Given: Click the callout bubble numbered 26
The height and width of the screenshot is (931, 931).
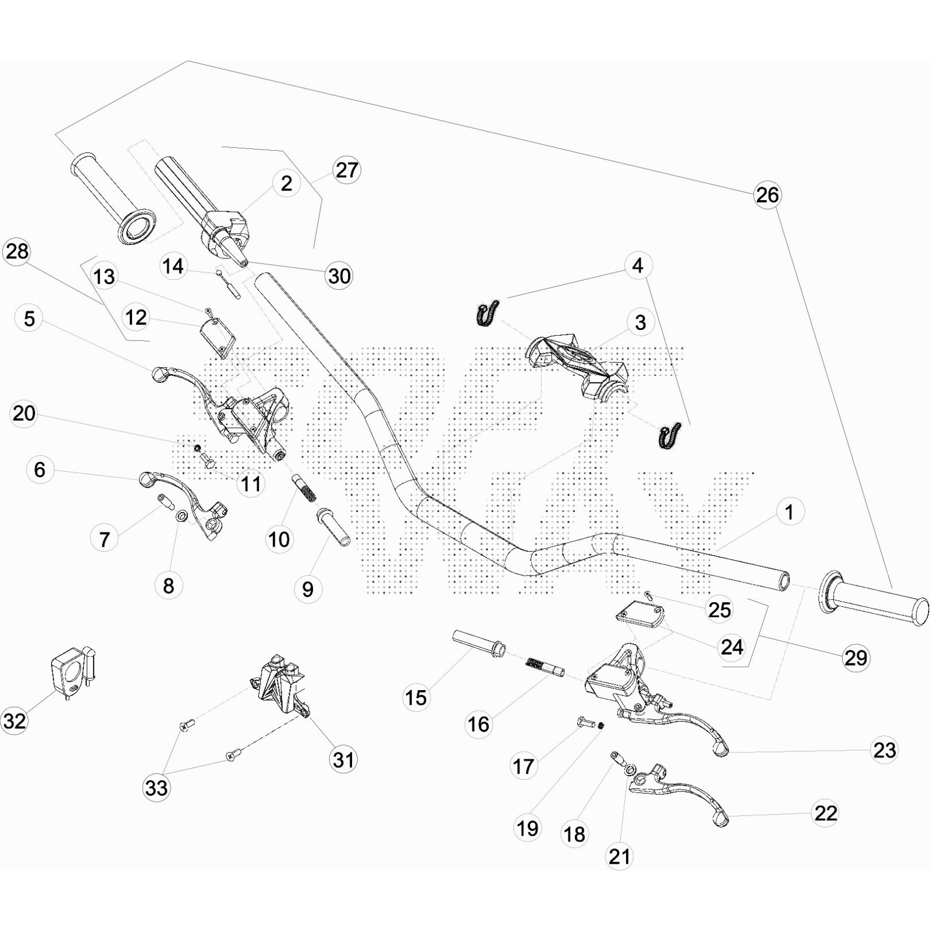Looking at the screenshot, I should pyautogui.click(x=767, y=195).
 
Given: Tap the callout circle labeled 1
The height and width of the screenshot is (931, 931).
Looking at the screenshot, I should pyautogui.click(x=790, y=512).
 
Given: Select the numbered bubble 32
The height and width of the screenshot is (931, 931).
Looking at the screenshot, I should pyautogui.click(x=15, y=721).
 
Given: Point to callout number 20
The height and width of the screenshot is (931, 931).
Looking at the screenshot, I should pyautogui.click(x=24, y=414).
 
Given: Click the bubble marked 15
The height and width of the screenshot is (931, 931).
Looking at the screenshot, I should pyautogui.click(x=416, y=697).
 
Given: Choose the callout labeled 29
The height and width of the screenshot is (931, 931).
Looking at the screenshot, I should pyautogui.click(x=855, y=658).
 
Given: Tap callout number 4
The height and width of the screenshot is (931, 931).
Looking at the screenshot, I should pyautogui.click(x=638, y=265).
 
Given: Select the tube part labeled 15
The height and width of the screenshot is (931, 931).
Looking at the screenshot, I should pyautogui.click(x=478, y=643).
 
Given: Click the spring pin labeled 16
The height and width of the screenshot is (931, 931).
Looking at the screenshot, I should pyautogui.click(x=545, y=667).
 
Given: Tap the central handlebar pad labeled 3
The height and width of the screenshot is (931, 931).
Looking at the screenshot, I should pyautogui.click(x=576, y=364).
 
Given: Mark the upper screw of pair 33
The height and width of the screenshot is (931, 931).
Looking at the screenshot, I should pyautogui.click(x=186, y=726).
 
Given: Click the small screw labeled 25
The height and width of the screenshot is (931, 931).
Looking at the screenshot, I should pyautogui.click(x=649, y=594).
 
